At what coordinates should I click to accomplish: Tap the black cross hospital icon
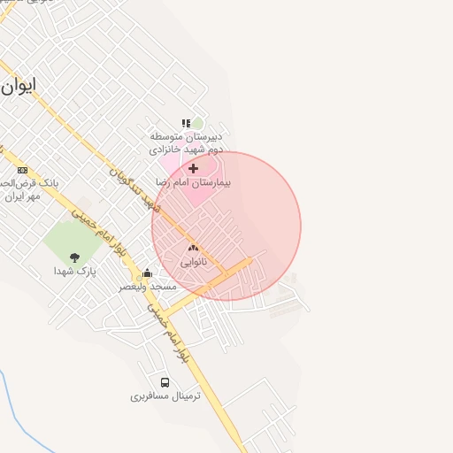tap(193, 167)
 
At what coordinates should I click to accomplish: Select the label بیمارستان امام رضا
tap(192, 181)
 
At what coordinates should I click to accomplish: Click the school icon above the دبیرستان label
tap(186, 124)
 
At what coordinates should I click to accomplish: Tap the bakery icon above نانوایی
tap(193, 249)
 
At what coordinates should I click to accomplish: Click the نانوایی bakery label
tap(194, 263)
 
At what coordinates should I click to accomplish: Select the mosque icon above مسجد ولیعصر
tap(147, 273)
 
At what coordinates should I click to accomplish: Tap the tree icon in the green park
tap(74, 257)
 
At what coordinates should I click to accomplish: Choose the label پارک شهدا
tap(73, 271)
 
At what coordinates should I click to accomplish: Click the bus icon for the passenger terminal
tap(165, 382)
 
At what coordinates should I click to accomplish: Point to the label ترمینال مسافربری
tap(165, 396)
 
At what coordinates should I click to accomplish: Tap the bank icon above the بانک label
tap(22, 170)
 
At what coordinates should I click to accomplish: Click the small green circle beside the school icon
tap(197, 124)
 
